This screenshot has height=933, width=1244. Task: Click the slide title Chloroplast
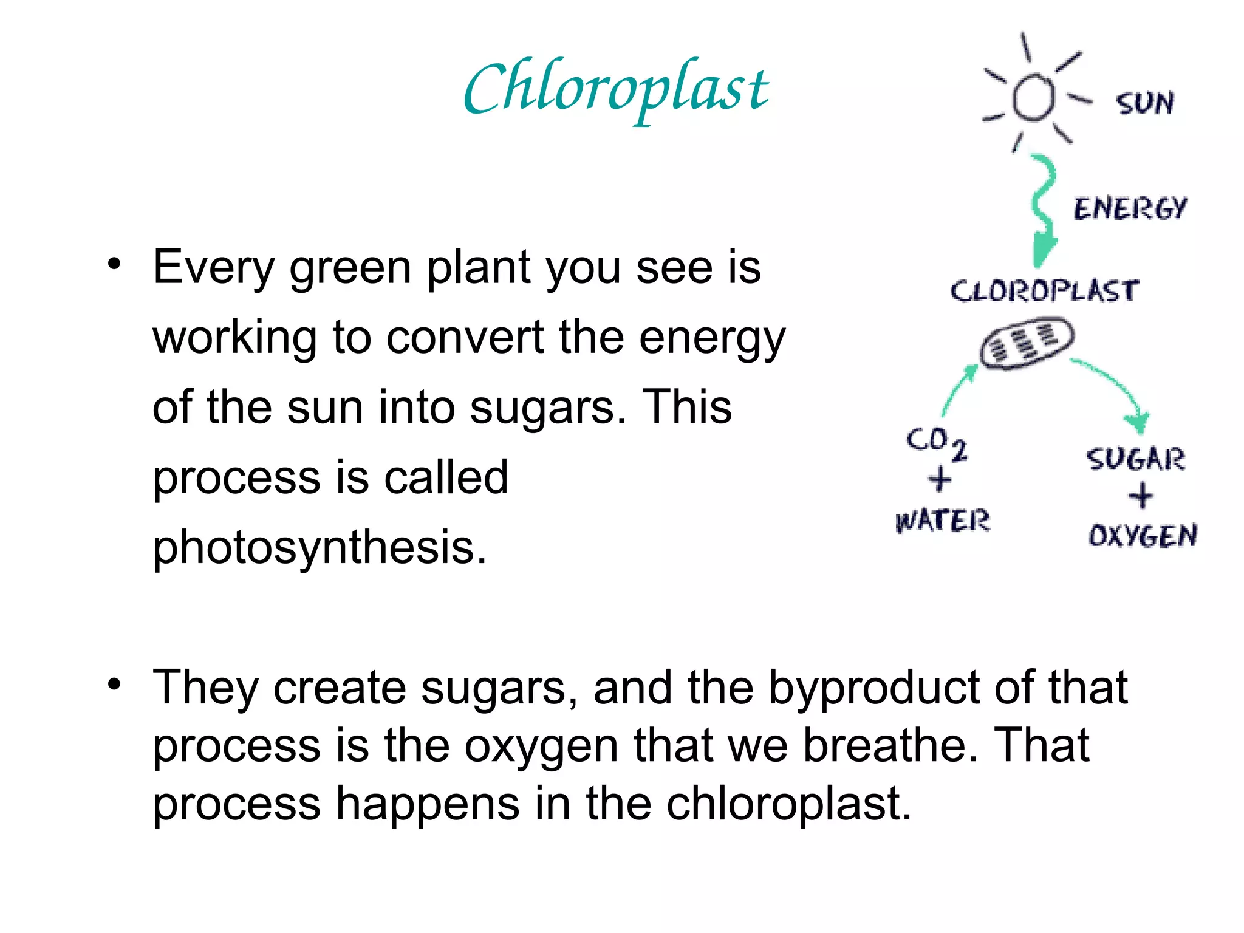pyautogui.click(x=616, y=90)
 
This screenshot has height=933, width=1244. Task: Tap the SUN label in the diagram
pyautogui.click(x=1144, y=103)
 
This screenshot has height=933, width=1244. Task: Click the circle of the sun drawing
pyautogui.click(x=1033, y=97)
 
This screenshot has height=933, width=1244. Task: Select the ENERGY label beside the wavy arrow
pyautogui.click(x=1129, y=208)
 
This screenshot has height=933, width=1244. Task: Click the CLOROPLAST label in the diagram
pyautogui.click(x=1044, y=291)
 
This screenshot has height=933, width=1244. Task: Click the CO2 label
pyautogui.click(x=936, y=442)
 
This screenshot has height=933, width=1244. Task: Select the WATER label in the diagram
pyautogui.click(x=942, y=521)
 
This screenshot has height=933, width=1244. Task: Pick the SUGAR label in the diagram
pyautogui.click(x=1135, y=459)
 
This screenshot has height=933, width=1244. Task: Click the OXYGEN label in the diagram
pyautogui.click(x=1143, y=536)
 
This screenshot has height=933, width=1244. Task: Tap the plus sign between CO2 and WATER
pyautogui.click(x=940, y=480)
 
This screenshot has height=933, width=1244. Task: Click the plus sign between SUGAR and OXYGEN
pyautogui.click(x=1141, y=496)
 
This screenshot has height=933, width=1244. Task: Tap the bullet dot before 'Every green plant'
pyautogui.click(x=114, y=264)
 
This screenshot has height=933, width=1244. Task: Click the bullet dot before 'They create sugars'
pyautogui.click(x=114, y=685)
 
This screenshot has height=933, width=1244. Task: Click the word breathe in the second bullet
pyautogui.click(x=890, y=746)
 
